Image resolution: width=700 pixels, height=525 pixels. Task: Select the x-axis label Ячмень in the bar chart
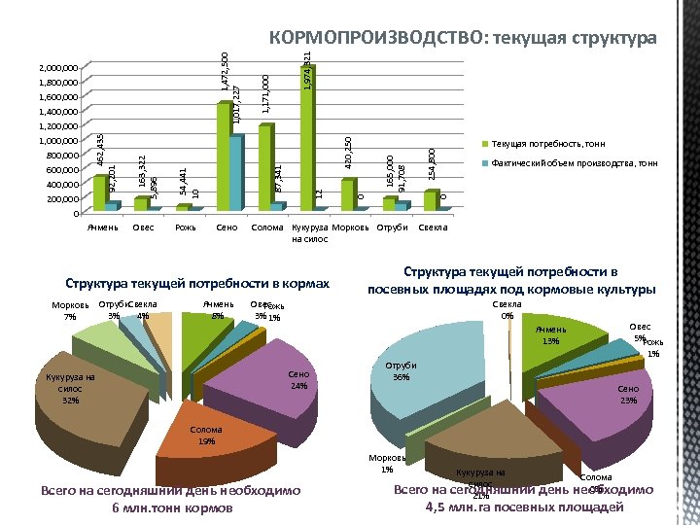102,227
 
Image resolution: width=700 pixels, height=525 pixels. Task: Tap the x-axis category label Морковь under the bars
350,227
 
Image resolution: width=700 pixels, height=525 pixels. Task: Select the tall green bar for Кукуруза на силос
308,136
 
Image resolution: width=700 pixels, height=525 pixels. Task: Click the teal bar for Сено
236,173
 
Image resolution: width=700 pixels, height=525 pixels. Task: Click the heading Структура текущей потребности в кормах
197,284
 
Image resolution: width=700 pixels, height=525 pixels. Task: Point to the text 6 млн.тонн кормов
172,508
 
